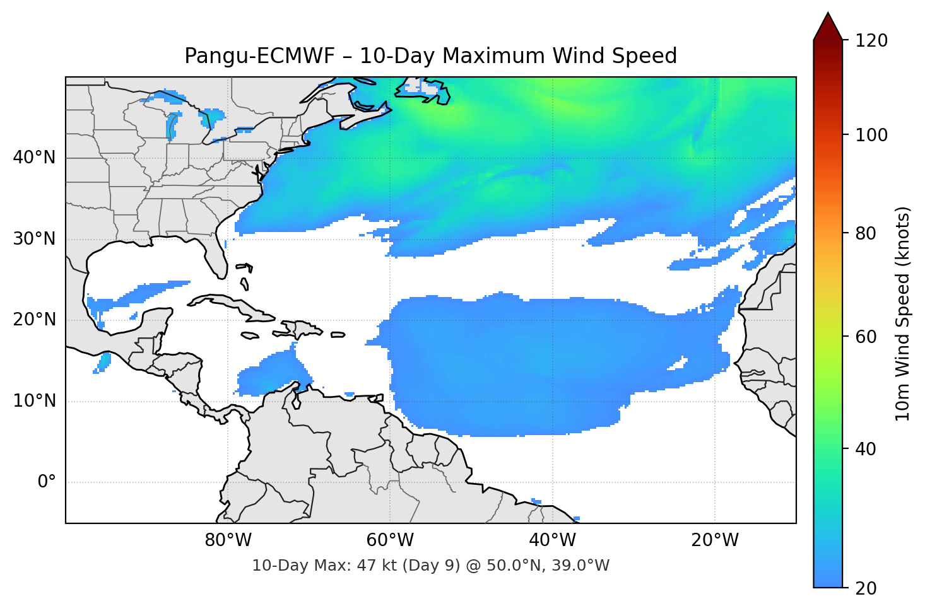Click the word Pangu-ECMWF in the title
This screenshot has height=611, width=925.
[259, 56]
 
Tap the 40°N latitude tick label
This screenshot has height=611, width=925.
[34, 158]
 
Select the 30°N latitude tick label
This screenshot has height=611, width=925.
[34, 239]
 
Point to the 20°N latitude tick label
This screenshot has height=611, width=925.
[34, 320]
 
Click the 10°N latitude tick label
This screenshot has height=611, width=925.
[34, 401]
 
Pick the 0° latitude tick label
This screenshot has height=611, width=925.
[47, 482]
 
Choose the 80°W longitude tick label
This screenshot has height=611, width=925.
[228, 540]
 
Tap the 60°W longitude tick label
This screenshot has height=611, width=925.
[390, 540]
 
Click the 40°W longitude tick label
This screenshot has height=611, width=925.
[552, 540]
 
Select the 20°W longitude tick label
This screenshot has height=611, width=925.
[714, 540]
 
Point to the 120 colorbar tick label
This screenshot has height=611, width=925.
[871, 41]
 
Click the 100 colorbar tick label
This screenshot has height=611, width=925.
[871, 135]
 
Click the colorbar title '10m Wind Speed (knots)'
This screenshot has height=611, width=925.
[903, 313]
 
